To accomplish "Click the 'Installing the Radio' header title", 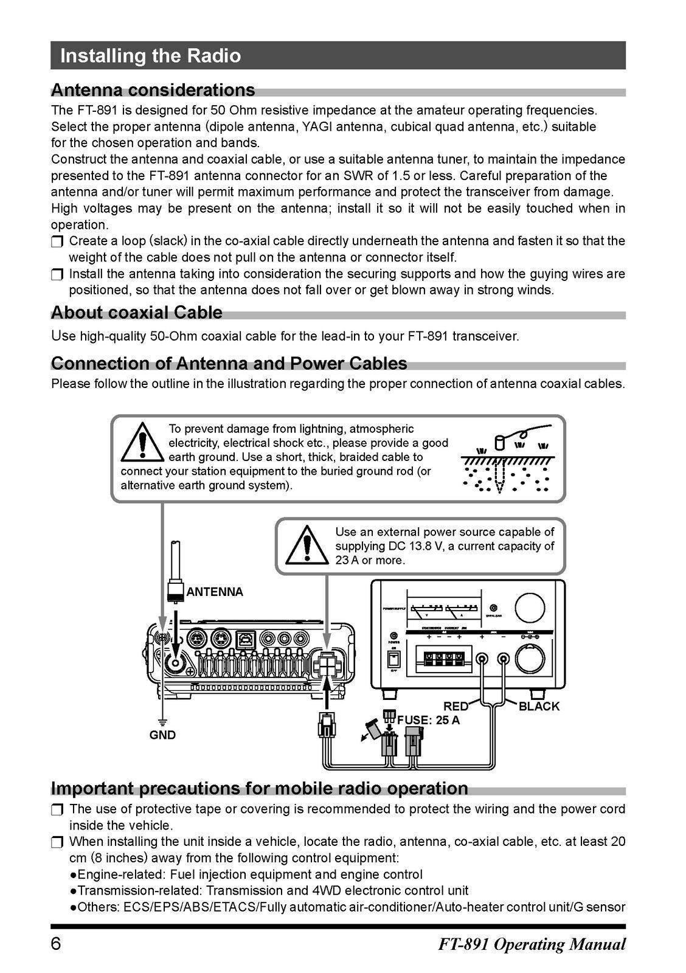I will point(150,56).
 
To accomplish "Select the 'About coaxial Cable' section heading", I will point(137,313).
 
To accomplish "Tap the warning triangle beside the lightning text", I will point(142,442).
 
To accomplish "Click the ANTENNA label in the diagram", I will point(214,592).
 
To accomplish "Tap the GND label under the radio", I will point(162,735).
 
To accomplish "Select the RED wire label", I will point(456,706).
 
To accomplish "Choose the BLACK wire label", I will point(539,706).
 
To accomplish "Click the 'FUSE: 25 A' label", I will point(428,720).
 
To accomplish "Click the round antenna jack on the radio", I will point(176,663).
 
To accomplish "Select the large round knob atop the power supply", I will point(533,607).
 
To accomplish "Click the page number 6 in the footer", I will point(56,944).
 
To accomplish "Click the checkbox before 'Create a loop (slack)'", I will point(57,241).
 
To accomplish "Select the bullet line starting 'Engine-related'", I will point(246,874).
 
